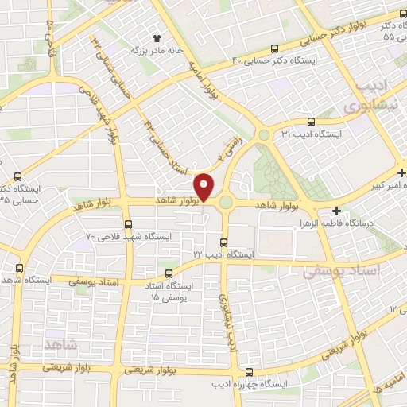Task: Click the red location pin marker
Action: coord(205,187)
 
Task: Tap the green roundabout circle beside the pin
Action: coord(226,203)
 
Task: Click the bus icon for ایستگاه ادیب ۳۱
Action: coord(310,122)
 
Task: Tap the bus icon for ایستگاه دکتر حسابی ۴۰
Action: coord(275,48)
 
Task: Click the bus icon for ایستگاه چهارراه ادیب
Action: coord(250,372)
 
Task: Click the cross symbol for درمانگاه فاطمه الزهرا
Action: coord(337,211)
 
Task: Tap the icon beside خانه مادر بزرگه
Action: coord(157,37)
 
